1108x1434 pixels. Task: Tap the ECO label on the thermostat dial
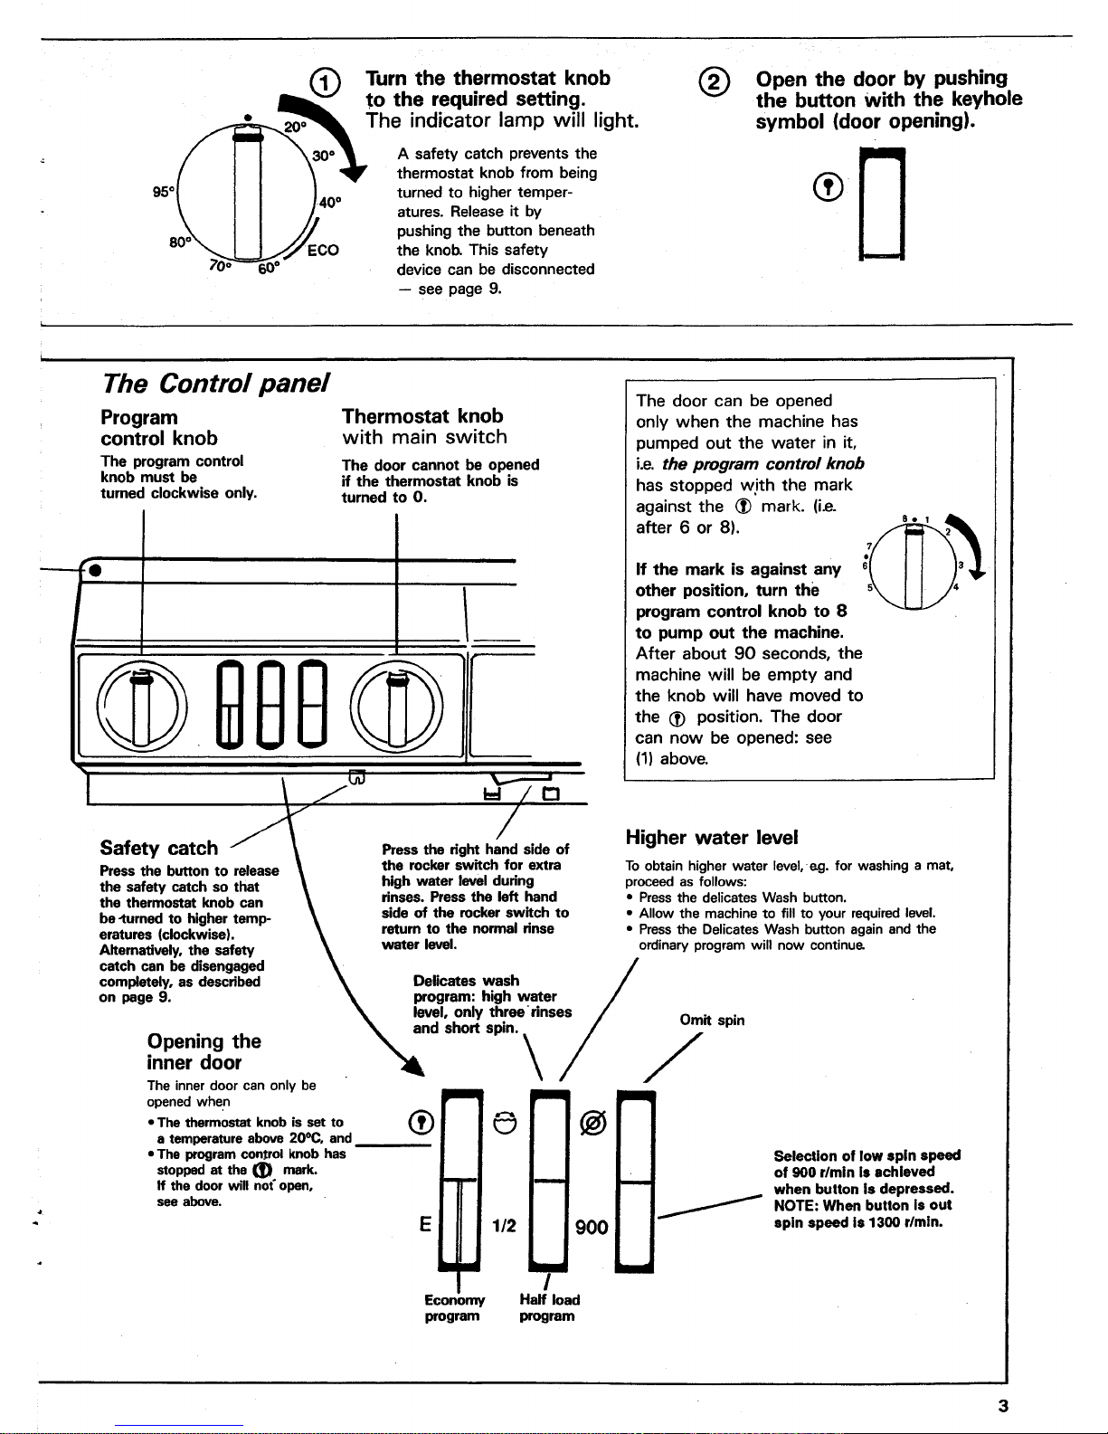coord(323,251)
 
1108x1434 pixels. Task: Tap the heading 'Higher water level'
coord(712,838)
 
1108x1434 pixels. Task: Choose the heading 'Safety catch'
coord(159,848)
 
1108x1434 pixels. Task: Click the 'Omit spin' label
coord(712,1021)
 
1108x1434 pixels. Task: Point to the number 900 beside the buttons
coord(592,1227)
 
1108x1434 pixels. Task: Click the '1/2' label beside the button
coord(503,1227)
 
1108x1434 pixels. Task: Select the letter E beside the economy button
coord(423,1226)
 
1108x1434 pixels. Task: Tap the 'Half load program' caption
coord(549,1307)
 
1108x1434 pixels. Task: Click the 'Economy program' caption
coord(453,1307)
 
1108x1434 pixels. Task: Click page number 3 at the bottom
coord(1003,1405)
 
